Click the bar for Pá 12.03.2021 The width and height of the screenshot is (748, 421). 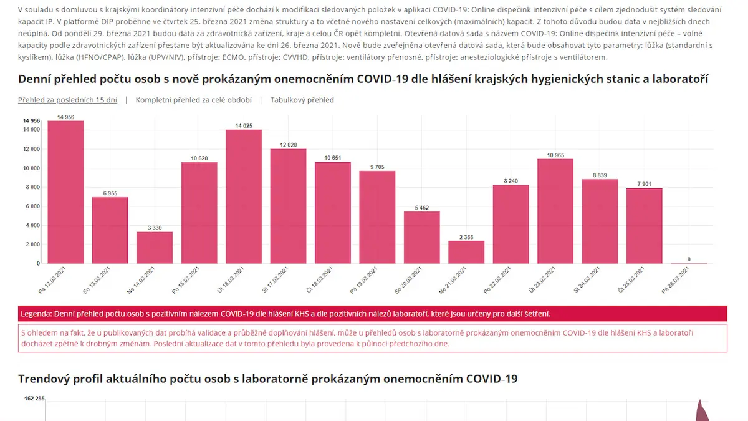pyautogui.click(x=65, y=192)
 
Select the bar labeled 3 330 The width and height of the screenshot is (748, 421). pyautogui.click(x=155, y=248)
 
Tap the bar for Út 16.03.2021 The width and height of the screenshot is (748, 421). pyautogui.click(x=244, y=196)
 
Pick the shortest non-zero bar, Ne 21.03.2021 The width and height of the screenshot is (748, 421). pyautogui.click(x=466, y=252)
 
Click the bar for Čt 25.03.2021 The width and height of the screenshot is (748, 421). pyautogui.click(x=644, y=226)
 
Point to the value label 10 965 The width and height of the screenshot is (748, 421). pyautogui.click(x=555, y=155)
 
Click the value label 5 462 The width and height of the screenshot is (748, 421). pyautogui.click(x=422, y=208)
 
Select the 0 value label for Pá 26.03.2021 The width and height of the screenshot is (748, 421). pyautogui.click(x=689, y=259)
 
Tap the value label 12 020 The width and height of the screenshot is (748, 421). pyautogui.click(x=288, y=145)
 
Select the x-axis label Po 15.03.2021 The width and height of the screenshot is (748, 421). pyautogui.click(x=185, y=280)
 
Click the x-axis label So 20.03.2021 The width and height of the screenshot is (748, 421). pyautogui.click(x=408, y=280)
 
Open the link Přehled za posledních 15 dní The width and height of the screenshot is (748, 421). pyautogui.click(x=67, y=100)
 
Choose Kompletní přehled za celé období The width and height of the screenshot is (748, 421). pyautogui.click(x=194, y=100)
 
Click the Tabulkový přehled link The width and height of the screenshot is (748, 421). pyautogui.click(x=302, y=100)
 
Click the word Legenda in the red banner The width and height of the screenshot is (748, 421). pyautogui.click(x=36, y=314)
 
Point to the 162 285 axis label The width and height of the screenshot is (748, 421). pyautogui.click(x=34, y=399)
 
